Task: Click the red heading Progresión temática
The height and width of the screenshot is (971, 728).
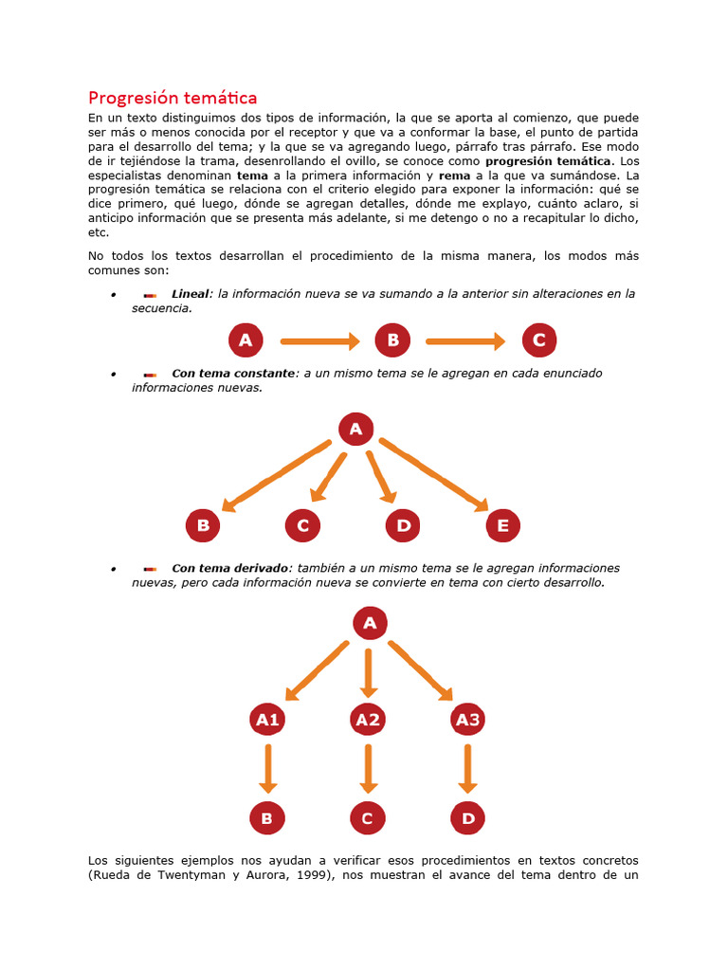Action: (172, 98)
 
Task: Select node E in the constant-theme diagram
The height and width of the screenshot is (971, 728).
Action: (502, 524)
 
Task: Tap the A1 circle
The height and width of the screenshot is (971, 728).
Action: (268, 720)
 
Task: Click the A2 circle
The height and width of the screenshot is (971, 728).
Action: (368, 720)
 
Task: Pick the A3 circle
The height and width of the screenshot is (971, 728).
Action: (467, 720)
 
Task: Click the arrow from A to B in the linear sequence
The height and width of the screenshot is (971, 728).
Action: (320, 340)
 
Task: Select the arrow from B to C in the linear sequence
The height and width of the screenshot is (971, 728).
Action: (465, 340)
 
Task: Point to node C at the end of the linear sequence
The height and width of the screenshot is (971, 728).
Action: (539, 340)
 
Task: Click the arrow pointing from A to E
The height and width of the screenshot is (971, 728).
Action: (434, 474)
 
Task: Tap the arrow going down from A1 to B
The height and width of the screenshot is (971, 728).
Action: (268, 768)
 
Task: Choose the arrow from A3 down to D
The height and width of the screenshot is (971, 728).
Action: (467, 768)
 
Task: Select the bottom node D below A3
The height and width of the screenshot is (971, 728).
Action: (467, 817)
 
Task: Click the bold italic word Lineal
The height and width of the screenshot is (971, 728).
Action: (190, 294)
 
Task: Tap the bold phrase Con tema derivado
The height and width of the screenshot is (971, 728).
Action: (229, 568)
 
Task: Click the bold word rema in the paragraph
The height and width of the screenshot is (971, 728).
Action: (454, 175)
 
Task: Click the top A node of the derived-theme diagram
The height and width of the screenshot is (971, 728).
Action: (370, 623)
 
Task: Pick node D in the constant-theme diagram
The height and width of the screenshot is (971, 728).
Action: (403, 524)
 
